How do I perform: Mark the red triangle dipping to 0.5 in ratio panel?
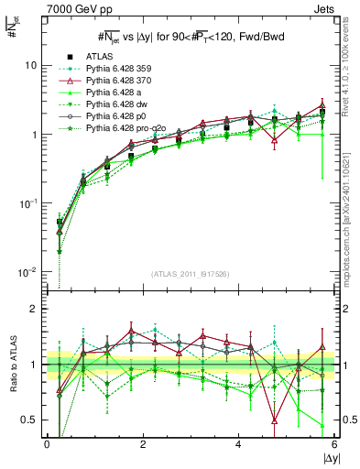tap(275, 420)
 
